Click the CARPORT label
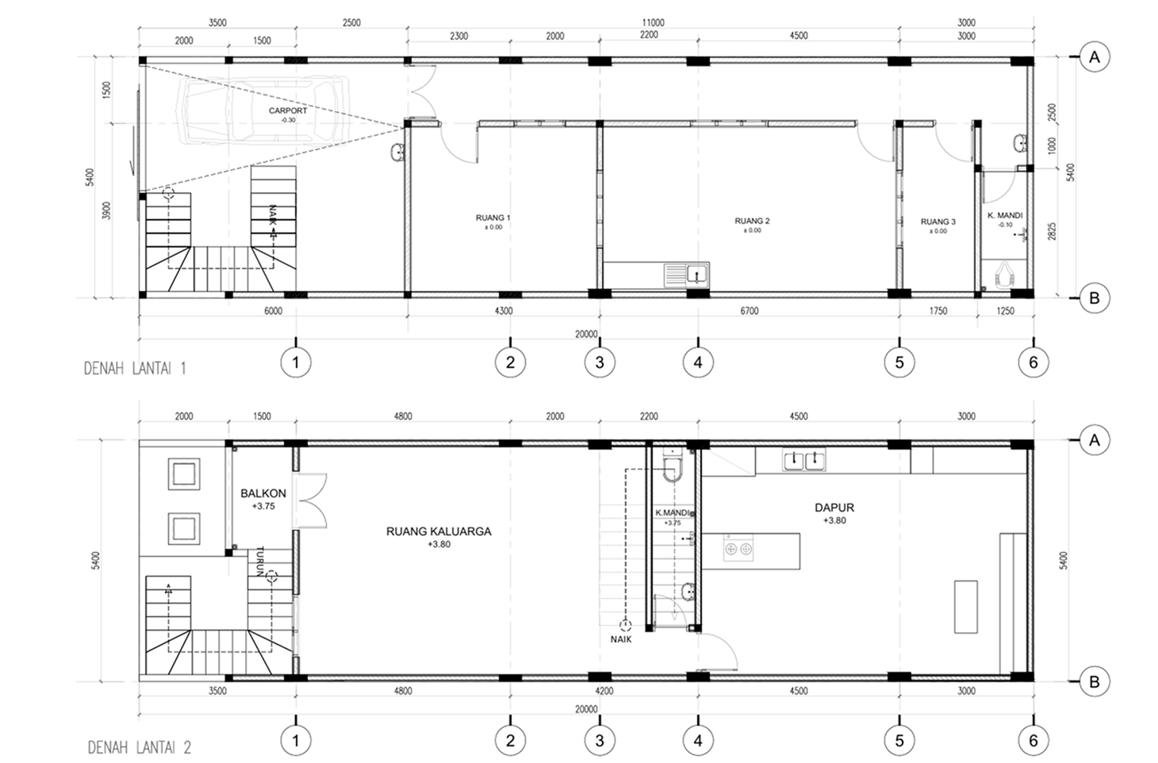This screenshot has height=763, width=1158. pyautogui.click(x=287, y=110)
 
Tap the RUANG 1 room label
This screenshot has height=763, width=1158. pyautogui.click(x=493, y=217)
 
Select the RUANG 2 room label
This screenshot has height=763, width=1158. pyautogui.click(x=752, y=220)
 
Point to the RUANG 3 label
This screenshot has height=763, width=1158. pyautogui.click(x=938, y=222)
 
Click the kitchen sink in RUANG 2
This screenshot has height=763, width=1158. pyautogui.click(x=687, y=275)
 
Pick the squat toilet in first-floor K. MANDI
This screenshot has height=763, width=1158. pyautogui.click(x=1004, y=276)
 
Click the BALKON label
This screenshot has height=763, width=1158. pyautogui.click(x=263, y=493)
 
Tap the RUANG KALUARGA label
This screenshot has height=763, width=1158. pyautogui.click(x=439, y=531)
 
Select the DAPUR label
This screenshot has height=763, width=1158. pyautogui.click(x=834, y=508)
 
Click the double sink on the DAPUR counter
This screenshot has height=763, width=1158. pyautogui.click(x=804, y=459)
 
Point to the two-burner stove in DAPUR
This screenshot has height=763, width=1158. pyautogui.click(x=738, y=549)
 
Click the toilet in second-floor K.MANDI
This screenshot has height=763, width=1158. pyautogui.click(x=673, y=466)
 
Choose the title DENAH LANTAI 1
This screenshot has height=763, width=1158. pyautogui.click(x=135, y=369)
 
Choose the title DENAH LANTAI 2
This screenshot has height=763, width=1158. pyautogui.click(x=139, y=748)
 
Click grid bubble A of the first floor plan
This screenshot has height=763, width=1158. pyautogui.click(x=1095, y=57)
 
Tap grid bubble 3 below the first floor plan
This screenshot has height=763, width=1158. pyautogui.click(x=600, y=362)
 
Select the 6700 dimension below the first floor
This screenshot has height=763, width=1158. pyautogui.click(x=749, y=311)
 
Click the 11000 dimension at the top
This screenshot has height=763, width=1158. pyautogui.click(x=653, y=23)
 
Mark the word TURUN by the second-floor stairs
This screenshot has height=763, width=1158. pyautogui.click(x=260, y=562)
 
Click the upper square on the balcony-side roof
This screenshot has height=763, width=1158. pyautogui.click(x=183, y=474)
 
